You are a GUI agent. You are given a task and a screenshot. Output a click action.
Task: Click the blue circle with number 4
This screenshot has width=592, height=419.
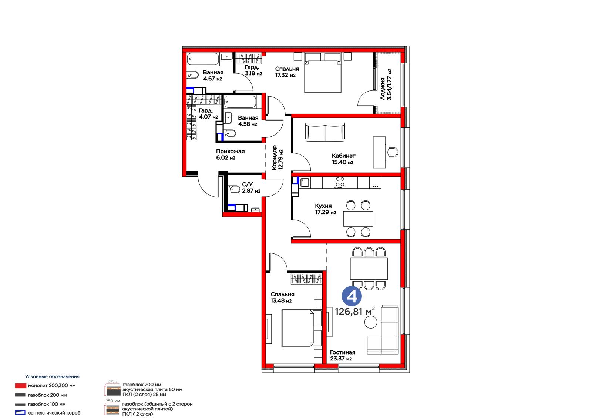(351, 296)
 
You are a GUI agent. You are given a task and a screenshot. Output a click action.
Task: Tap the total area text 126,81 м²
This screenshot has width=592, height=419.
(355, 312)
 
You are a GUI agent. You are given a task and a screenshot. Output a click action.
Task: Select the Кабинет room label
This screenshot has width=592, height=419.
(344, 156)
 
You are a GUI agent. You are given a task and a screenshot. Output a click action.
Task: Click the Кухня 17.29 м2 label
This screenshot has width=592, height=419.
(326, 209)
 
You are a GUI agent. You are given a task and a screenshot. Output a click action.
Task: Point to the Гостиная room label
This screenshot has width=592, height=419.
(343, 353)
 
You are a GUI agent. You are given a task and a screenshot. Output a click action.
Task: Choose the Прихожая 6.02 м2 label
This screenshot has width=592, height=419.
(230, 154)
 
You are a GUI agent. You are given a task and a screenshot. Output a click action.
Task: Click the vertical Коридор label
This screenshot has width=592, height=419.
(275, 157)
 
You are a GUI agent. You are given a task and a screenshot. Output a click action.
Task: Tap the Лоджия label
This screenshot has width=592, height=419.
(383, 89)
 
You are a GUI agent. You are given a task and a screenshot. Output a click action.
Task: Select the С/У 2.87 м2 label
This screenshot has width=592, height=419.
(251, 187)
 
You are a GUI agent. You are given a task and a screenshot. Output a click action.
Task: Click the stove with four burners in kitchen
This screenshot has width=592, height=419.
(340, 182)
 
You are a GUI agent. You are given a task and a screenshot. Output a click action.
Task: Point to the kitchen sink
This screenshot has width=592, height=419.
(305, 182)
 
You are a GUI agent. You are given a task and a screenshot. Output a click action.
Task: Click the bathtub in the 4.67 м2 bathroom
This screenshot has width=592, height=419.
(203, 59)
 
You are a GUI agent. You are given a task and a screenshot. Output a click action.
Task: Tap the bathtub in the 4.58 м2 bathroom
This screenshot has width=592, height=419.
(240, 102)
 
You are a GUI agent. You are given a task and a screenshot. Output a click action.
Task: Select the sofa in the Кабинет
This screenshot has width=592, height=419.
(325, 131)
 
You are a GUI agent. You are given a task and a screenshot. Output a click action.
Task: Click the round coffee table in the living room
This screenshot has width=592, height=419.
(370, 322)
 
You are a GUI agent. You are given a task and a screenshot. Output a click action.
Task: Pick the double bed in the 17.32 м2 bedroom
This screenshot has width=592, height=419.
(323, 76)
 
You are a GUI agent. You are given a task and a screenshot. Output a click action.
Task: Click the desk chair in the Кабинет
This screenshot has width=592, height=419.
(393, 153)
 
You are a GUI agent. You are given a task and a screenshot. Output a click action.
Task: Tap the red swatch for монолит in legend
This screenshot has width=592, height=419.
(20, 386)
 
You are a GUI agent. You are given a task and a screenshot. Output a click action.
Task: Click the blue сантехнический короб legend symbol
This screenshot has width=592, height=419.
(20, 413)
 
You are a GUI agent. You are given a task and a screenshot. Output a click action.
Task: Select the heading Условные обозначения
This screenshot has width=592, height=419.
(52, 376)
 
